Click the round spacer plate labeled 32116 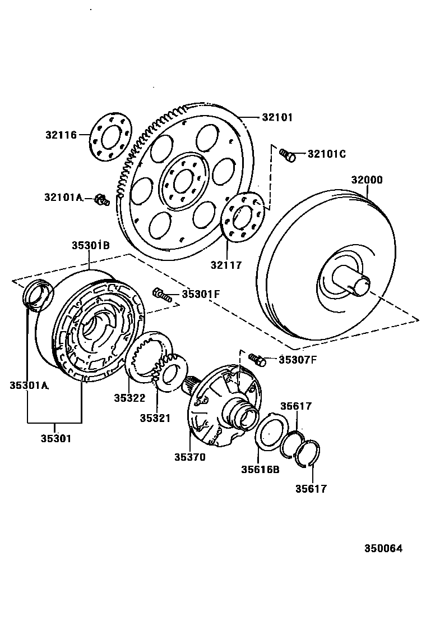pyautogui.click(x=110, y=135)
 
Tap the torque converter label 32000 pyautogui.click(x=367, y=180)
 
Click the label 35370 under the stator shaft pyautogui.click(x=189, y=457)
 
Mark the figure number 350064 pyautogui.click(x=384, y=549)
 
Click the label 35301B pyautogui.click(x=90, y=245)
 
